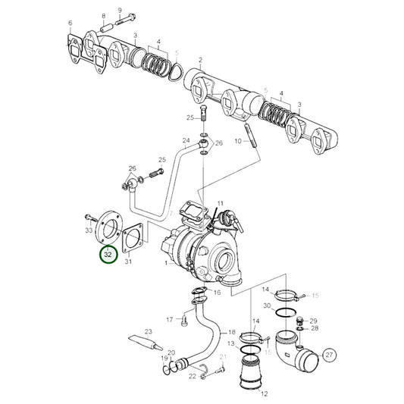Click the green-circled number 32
tap(108, 255)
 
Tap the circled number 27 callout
tap(329, 354)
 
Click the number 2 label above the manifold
tap(199, 60)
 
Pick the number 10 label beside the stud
tap(237, 141)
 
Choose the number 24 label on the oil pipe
tap(186, 141)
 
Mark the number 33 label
tap(89, 230)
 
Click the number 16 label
tap(218, 291)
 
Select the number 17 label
tap(170, 318)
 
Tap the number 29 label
tap(314, 321)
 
